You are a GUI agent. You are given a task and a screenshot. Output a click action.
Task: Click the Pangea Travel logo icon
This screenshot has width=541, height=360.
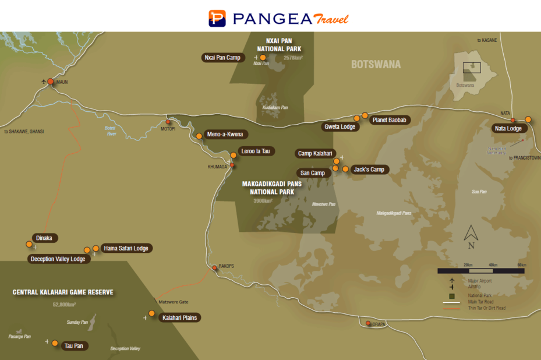point(217,18)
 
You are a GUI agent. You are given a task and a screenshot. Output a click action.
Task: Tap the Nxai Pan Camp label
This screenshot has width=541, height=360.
point(222,58)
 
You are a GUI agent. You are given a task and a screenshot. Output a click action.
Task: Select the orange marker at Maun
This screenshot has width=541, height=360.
point(51,82)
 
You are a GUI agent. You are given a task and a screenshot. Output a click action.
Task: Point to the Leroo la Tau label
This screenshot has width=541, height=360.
point(256,151)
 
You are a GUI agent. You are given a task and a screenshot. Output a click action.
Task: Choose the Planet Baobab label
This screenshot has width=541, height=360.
point(390,120)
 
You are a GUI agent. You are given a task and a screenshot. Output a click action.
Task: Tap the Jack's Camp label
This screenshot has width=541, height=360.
point(369,170)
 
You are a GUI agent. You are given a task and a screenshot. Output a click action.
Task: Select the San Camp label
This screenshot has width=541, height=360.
point(313,173)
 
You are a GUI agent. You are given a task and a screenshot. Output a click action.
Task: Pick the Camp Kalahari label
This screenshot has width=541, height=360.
point(314,154)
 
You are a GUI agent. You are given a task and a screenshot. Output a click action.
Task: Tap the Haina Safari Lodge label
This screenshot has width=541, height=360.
point(126,248)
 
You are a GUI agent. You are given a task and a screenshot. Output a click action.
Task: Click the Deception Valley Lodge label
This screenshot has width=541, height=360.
point(58,259)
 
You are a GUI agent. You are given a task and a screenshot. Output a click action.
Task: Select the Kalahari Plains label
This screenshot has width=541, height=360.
point(181,317)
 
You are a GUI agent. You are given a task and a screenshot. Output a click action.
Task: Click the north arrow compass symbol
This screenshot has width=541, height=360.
point(471,234)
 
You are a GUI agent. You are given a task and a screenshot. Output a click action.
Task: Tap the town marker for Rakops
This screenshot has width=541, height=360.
point(214,268)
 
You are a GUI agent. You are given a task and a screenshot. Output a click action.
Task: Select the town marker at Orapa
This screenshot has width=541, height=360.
point(368,323)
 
